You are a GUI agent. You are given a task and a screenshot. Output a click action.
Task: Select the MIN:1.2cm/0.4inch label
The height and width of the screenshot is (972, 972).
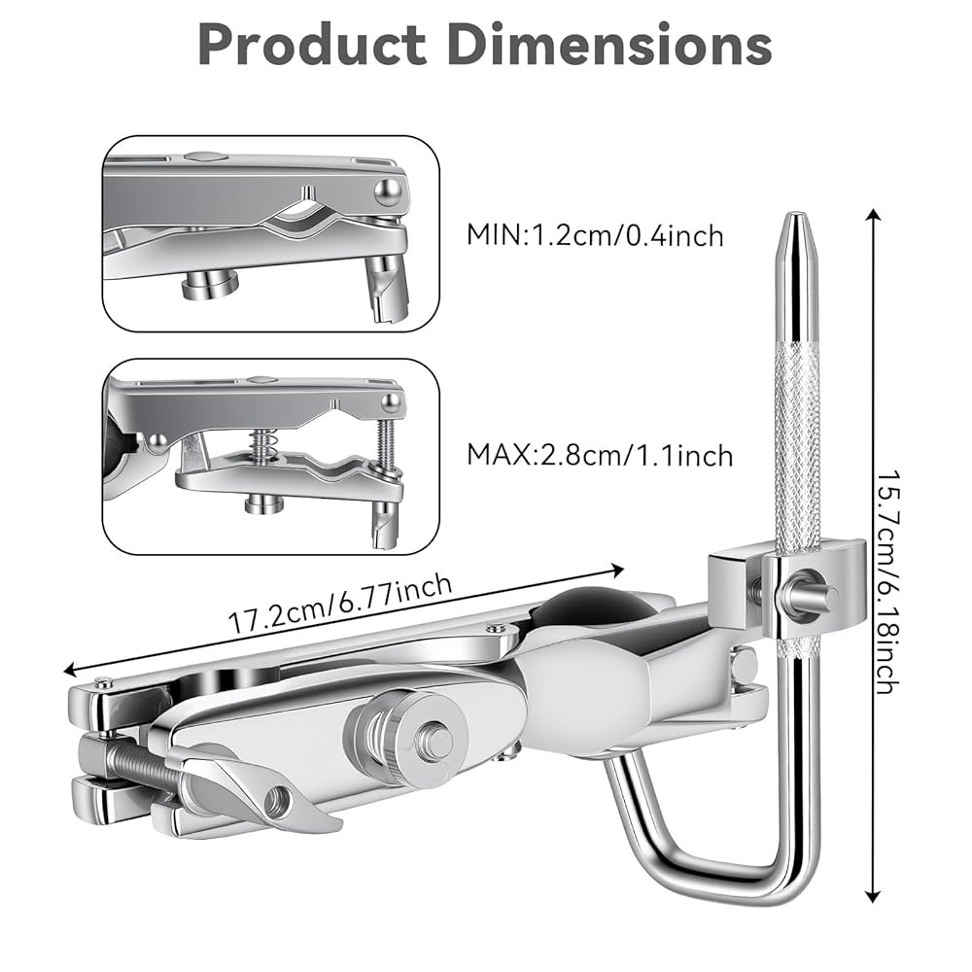[595, 235]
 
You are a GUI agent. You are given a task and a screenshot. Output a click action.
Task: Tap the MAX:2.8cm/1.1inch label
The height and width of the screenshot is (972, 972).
[600, 456]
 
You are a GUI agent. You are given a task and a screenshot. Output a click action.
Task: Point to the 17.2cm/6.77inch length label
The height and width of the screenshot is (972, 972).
[340, 604]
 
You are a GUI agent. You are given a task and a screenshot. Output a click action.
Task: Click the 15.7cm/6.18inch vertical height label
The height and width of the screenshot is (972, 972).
[887, 582]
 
